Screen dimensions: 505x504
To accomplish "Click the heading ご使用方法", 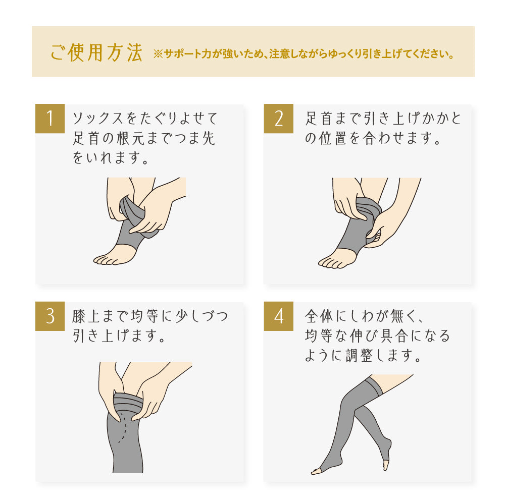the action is pyautogui.click(x=96, y=52).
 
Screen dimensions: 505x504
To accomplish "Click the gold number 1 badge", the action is pyautogui.click(x=50, y=119).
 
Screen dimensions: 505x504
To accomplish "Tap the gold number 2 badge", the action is pyautogui.click(x=279, y=119).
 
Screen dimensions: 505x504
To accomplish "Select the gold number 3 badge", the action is pyautogui.click(x=50, y=316).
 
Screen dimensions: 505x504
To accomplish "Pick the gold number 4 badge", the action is pyautogui.click(x=279, y=316).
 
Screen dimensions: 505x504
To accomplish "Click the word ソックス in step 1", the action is pyautogui.click(x=98, y=119).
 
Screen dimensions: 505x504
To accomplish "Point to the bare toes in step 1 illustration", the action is pyautogui.click(x=105, y=259).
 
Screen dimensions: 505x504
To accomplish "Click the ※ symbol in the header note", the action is pyautogui.click(x=158, y=54).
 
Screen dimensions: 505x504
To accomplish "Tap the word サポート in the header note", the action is pyautogui.click(x=182, y=54).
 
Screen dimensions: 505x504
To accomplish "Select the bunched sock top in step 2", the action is pyautogui.click(x=369, y=206).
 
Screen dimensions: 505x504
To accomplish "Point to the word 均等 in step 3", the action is pyautogui.click(x=144, y=316).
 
